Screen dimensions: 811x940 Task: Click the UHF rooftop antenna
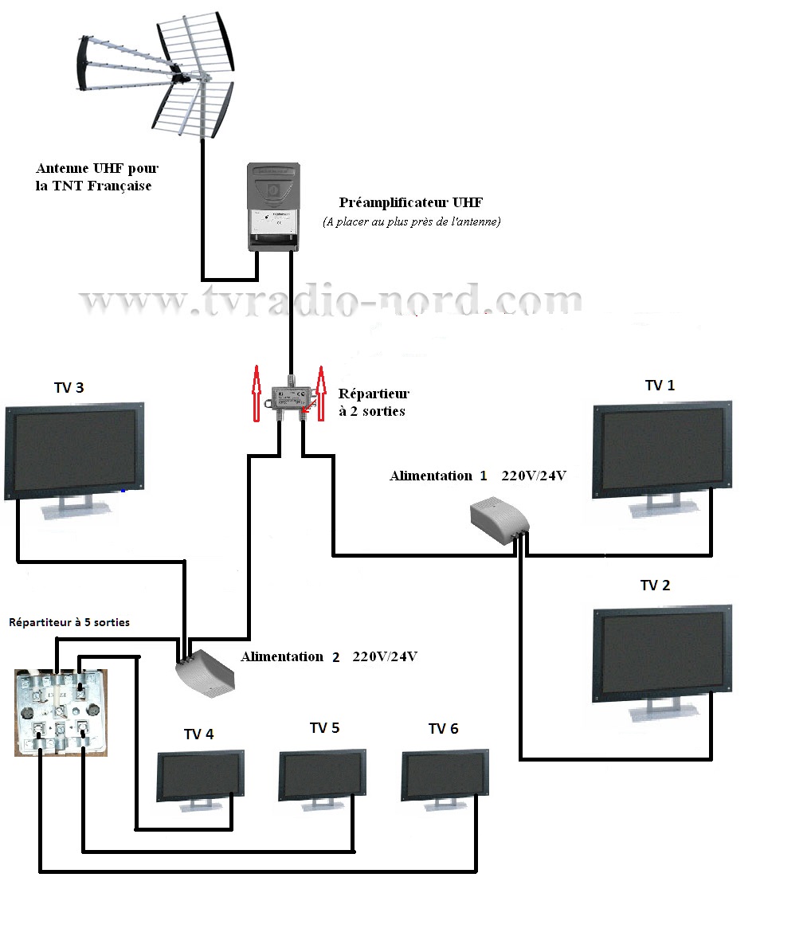coord(157,74)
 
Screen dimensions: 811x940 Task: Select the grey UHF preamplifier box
coord(274,207)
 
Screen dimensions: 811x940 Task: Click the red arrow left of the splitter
coord(257,394)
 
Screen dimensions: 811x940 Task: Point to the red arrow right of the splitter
coord(321,394)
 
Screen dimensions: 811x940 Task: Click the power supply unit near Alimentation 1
coord(500,519)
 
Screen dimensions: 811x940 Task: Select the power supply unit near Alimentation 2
coord(205,673)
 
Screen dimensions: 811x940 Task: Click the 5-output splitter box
coord(61,712)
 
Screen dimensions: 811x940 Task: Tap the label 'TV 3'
coord(69,388)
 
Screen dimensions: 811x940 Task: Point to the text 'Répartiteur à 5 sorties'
coord(69,622)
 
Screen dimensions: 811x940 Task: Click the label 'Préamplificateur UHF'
coord(410,202)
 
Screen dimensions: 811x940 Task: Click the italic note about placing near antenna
coord(411,221)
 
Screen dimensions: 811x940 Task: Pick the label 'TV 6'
coord(444,728)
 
